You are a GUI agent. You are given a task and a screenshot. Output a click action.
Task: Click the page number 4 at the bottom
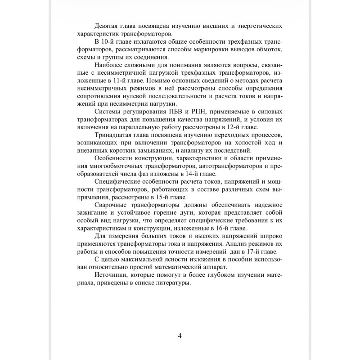pos(180,336)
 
